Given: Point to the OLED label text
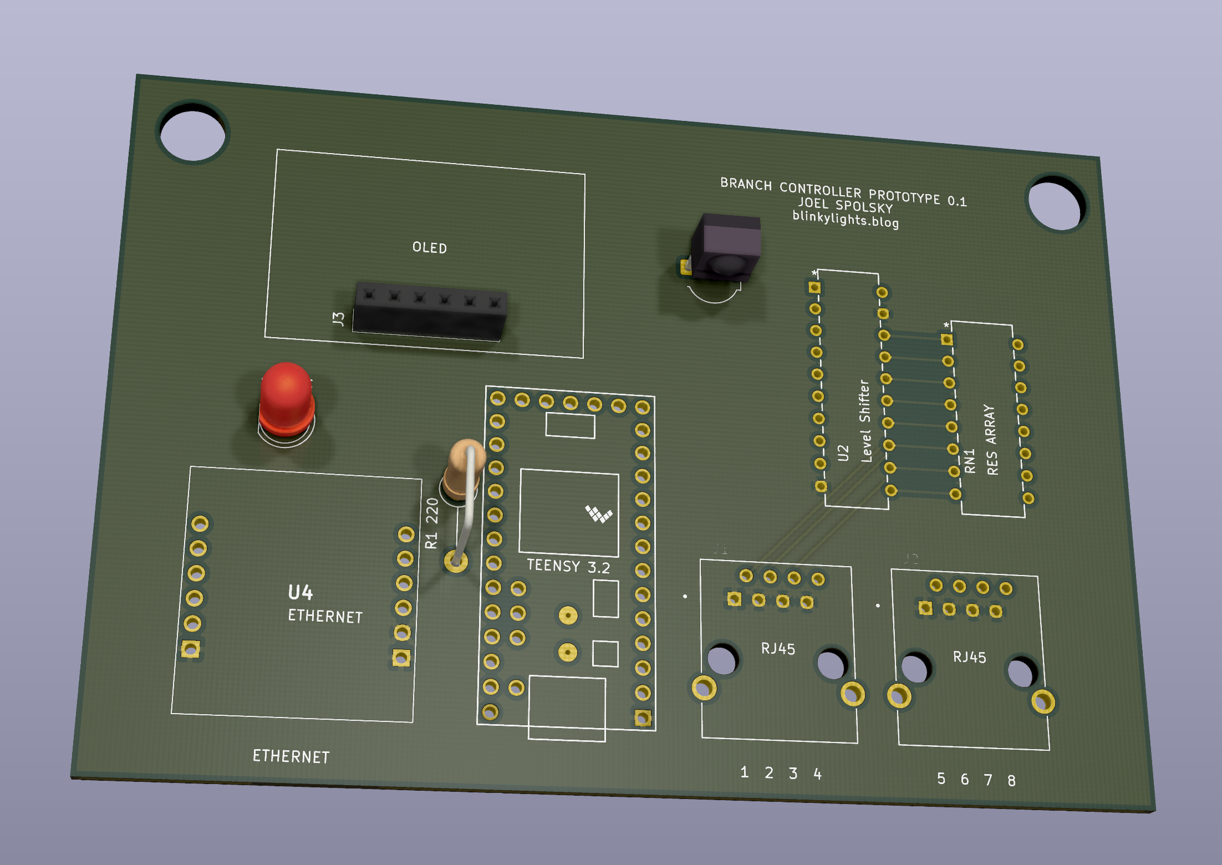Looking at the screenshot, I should [x=430, y=247].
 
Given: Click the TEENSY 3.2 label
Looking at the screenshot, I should [x=568, y=566].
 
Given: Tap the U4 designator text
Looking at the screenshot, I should [x=301, y=593].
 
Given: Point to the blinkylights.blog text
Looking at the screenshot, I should [x=845, y=219].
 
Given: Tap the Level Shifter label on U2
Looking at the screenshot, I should [x=865, y=421].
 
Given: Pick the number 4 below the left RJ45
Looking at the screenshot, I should [x=817, y=774].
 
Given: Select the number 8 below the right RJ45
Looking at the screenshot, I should [x=1011, y=781].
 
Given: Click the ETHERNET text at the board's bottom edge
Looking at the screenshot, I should [x=291, y=756].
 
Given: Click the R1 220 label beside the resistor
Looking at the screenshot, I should [x=432, y=523].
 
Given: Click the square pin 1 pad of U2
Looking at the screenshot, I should [x=814, y=287].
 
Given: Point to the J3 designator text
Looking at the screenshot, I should [x=338, y=318].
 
